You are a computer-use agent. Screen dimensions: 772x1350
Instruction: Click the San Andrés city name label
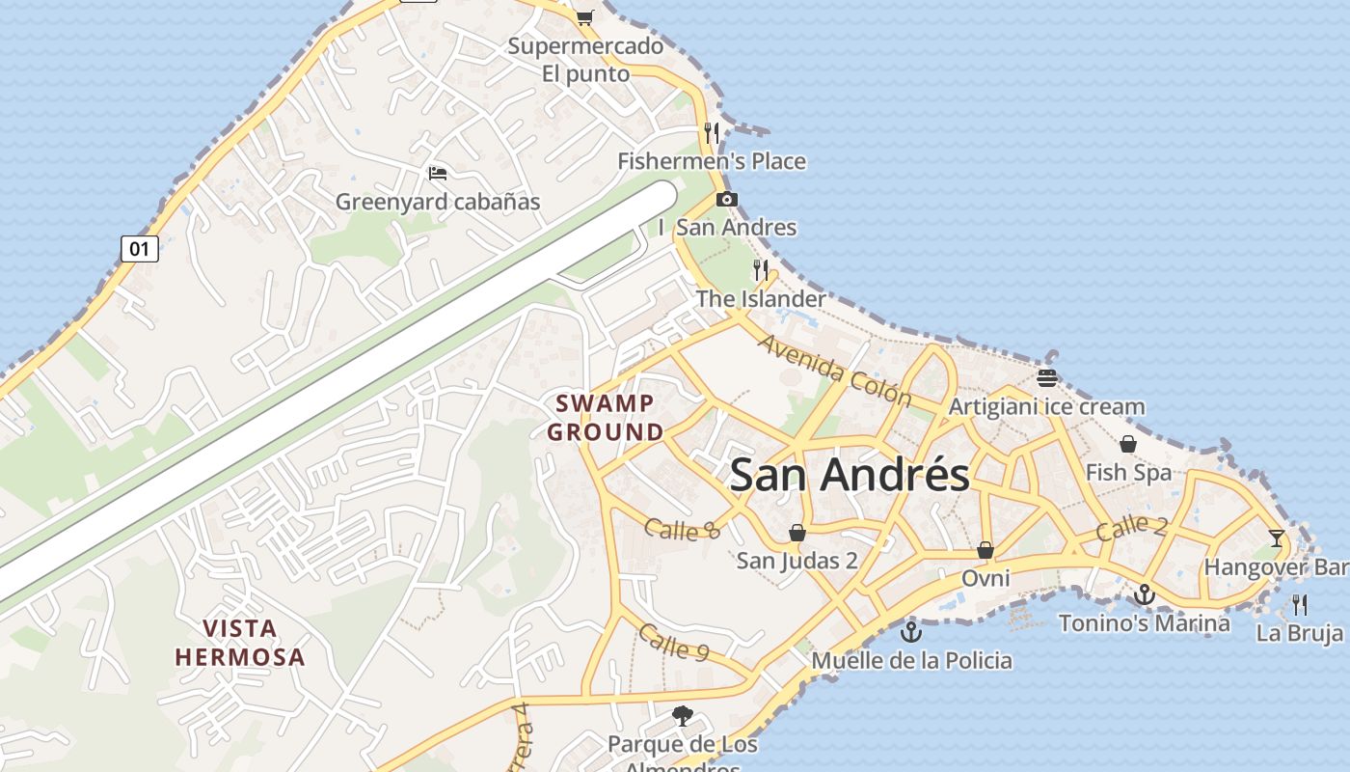pos(850,475)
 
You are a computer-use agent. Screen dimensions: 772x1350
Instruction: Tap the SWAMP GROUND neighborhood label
pos(606,417)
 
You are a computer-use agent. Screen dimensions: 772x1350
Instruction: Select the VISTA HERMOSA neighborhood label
pos(240,643)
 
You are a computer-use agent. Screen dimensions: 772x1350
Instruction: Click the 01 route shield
pos(140,249)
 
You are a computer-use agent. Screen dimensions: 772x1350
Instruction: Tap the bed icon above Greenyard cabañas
pos(438,174)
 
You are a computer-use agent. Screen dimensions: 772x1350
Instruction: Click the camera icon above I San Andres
pos(727,200)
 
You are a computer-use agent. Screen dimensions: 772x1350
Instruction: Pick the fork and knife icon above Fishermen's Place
pos(712,132)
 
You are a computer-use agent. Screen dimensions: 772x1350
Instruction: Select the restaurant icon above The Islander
pos(762,269)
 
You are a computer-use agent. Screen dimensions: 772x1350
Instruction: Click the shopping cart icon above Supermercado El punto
pos(584,16)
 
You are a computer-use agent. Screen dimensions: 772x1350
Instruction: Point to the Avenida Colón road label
pos(834,370)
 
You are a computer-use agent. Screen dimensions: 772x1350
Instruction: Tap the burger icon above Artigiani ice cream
pos(1047,377)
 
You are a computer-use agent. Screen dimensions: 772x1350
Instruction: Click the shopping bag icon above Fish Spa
pos(1127,444)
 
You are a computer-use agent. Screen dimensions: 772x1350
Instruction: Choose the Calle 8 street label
pos(683,529)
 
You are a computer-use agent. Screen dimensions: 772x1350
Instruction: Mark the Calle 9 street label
pos(673,642)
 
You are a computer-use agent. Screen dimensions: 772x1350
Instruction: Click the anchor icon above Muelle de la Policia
pos(910,632)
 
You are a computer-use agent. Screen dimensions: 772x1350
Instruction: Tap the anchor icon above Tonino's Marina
pos(1145,594)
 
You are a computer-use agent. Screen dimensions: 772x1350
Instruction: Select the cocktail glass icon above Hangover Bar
pos(1278,538)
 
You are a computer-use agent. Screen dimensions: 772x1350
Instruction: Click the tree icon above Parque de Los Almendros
pos(683,716)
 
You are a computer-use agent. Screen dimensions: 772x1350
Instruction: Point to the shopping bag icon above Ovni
pos(985,550)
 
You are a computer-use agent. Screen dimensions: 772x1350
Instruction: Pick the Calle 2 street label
pos(1132,527)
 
